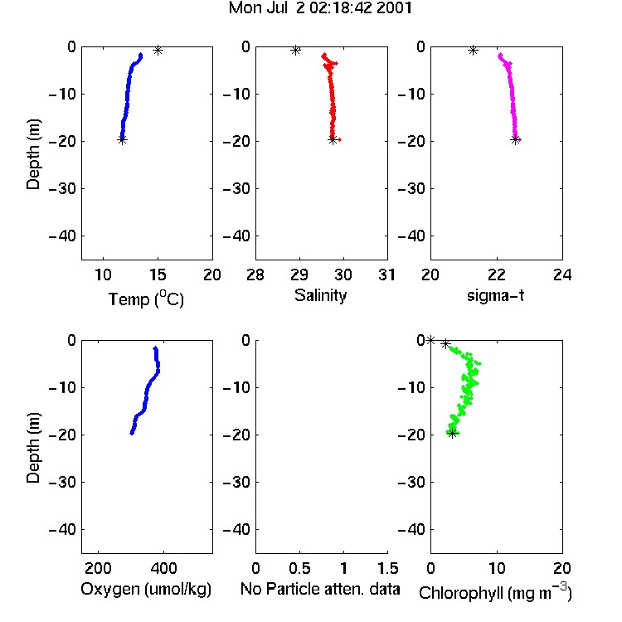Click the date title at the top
[x=320, y=8]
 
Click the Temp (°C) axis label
[x=146, y=299]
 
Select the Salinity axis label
[x=320, y=295]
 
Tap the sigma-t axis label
[x=495, y=295]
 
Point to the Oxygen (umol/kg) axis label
[x=146, y=589]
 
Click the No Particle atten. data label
[x=320, y=589]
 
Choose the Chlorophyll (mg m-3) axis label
[x=495, y=592]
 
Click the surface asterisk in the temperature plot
[x=158, y=51]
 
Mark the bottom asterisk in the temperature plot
[x=122, y=139]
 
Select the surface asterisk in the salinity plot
[x=295, y=51]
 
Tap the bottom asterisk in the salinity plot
[x=333, y=139]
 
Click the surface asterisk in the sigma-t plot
[x=473, y=51]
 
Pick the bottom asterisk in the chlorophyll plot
[x=452, y=433]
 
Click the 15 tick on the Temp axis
[x=158, y=275]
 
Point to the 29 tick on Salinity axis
[x=299, y=275]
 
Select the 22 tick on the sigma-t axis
[x=497, y=275]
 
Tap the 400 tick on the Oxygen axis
[x=163, y=568]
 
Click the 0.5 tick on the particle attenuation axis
[x=299, y=568]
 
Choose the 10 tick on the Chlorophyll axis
[x=497, y=568]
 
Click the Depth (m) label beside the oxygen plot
[x=33, y=448]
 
